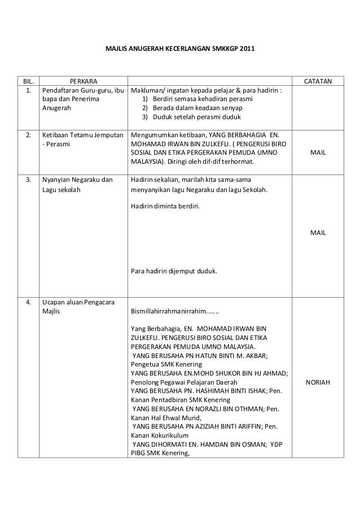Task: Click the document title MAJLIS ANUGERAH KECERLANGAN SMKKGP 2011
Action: [x=180, y=50]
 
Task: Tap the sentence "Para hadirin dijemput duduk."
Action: [x=174, y=271]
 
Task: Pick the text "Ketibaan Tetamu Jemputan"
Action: [x=81, y=136]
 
